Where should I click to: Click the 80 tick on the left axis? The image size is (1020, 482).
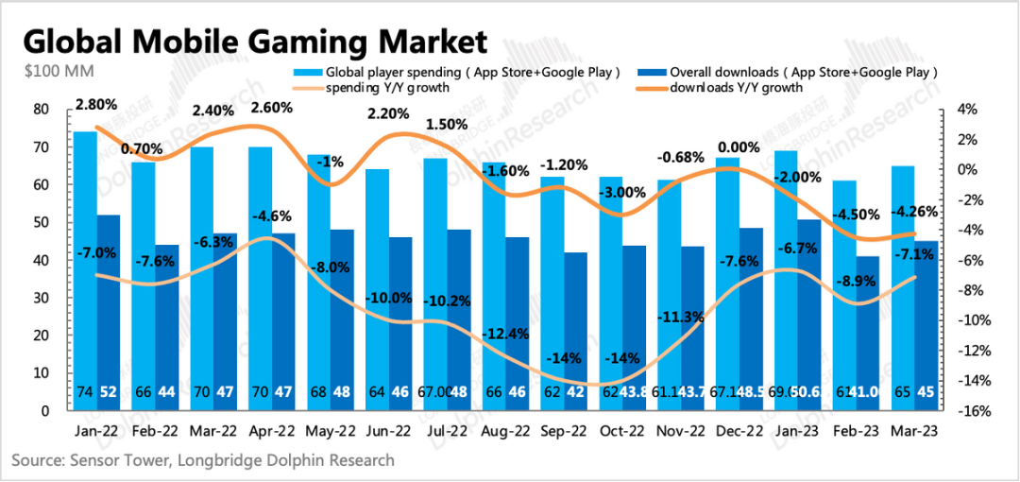41,110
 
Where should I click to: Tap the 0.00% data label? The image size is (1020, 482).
739,147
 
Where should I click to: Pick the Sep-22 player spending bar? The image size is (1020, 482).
552,293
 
